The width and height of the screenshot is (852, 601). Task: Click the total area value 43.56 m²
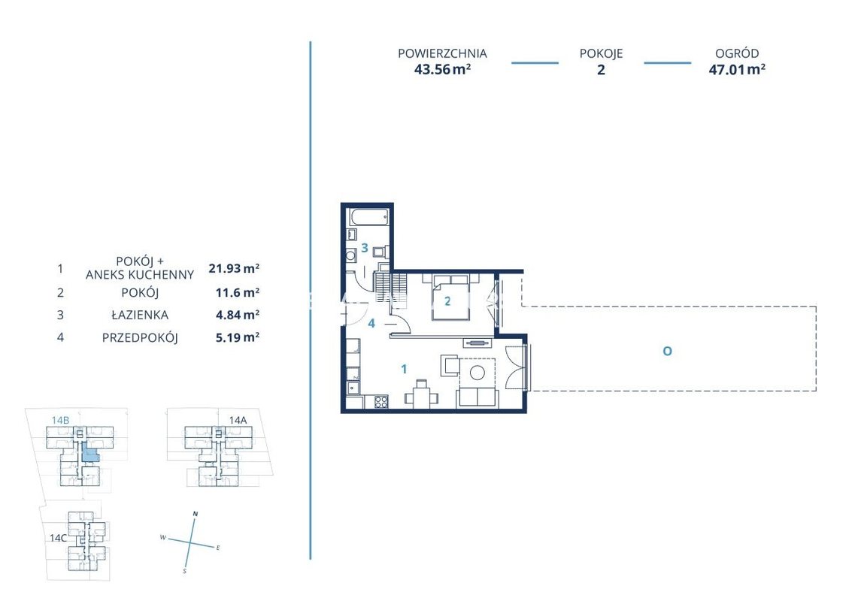(x=442, y=70)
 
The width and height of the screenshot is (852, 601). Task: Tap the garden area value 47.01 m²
(x=737, y=70)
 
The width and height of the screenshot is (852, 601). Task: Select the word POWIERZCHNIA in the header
(x=442, y=54)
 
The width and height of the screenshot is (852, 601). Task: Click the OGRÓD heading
(x=737, y=53)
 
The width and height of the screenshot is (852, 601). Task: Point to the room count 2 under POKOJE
(x=601, y=70)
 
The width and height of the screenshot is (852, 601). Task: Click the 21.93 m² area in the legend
(x=234, y=268)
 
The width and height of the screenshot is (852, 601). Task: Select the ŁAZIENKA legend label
(x=140, y=315)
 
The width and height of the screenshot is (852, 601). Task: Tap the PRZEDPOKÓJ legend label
(x=140, y=338)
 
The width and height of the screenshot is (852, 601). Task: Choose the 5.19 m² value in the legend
(x=238, y=338)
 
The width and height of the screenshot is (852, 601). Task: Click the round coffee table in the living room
(x=477, y=373)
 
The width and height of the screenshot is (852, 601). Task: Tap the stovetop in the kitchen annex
(x=381, y=402)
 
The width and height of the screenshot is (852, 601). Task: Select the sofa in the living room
(x=478, y=398)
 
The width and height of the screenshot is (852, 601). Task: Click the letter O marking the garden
(x=667, y=352)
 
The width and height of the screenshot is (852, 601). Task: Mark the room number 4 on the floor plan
(x=371, y=324)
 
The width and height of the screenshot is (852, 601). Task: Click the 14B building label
(x=60, y=420)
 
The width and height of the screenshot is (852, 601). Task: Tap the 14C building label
(x=58, y=538)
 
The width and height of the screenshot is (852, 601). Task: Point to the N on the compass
(x=196, y=514)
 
